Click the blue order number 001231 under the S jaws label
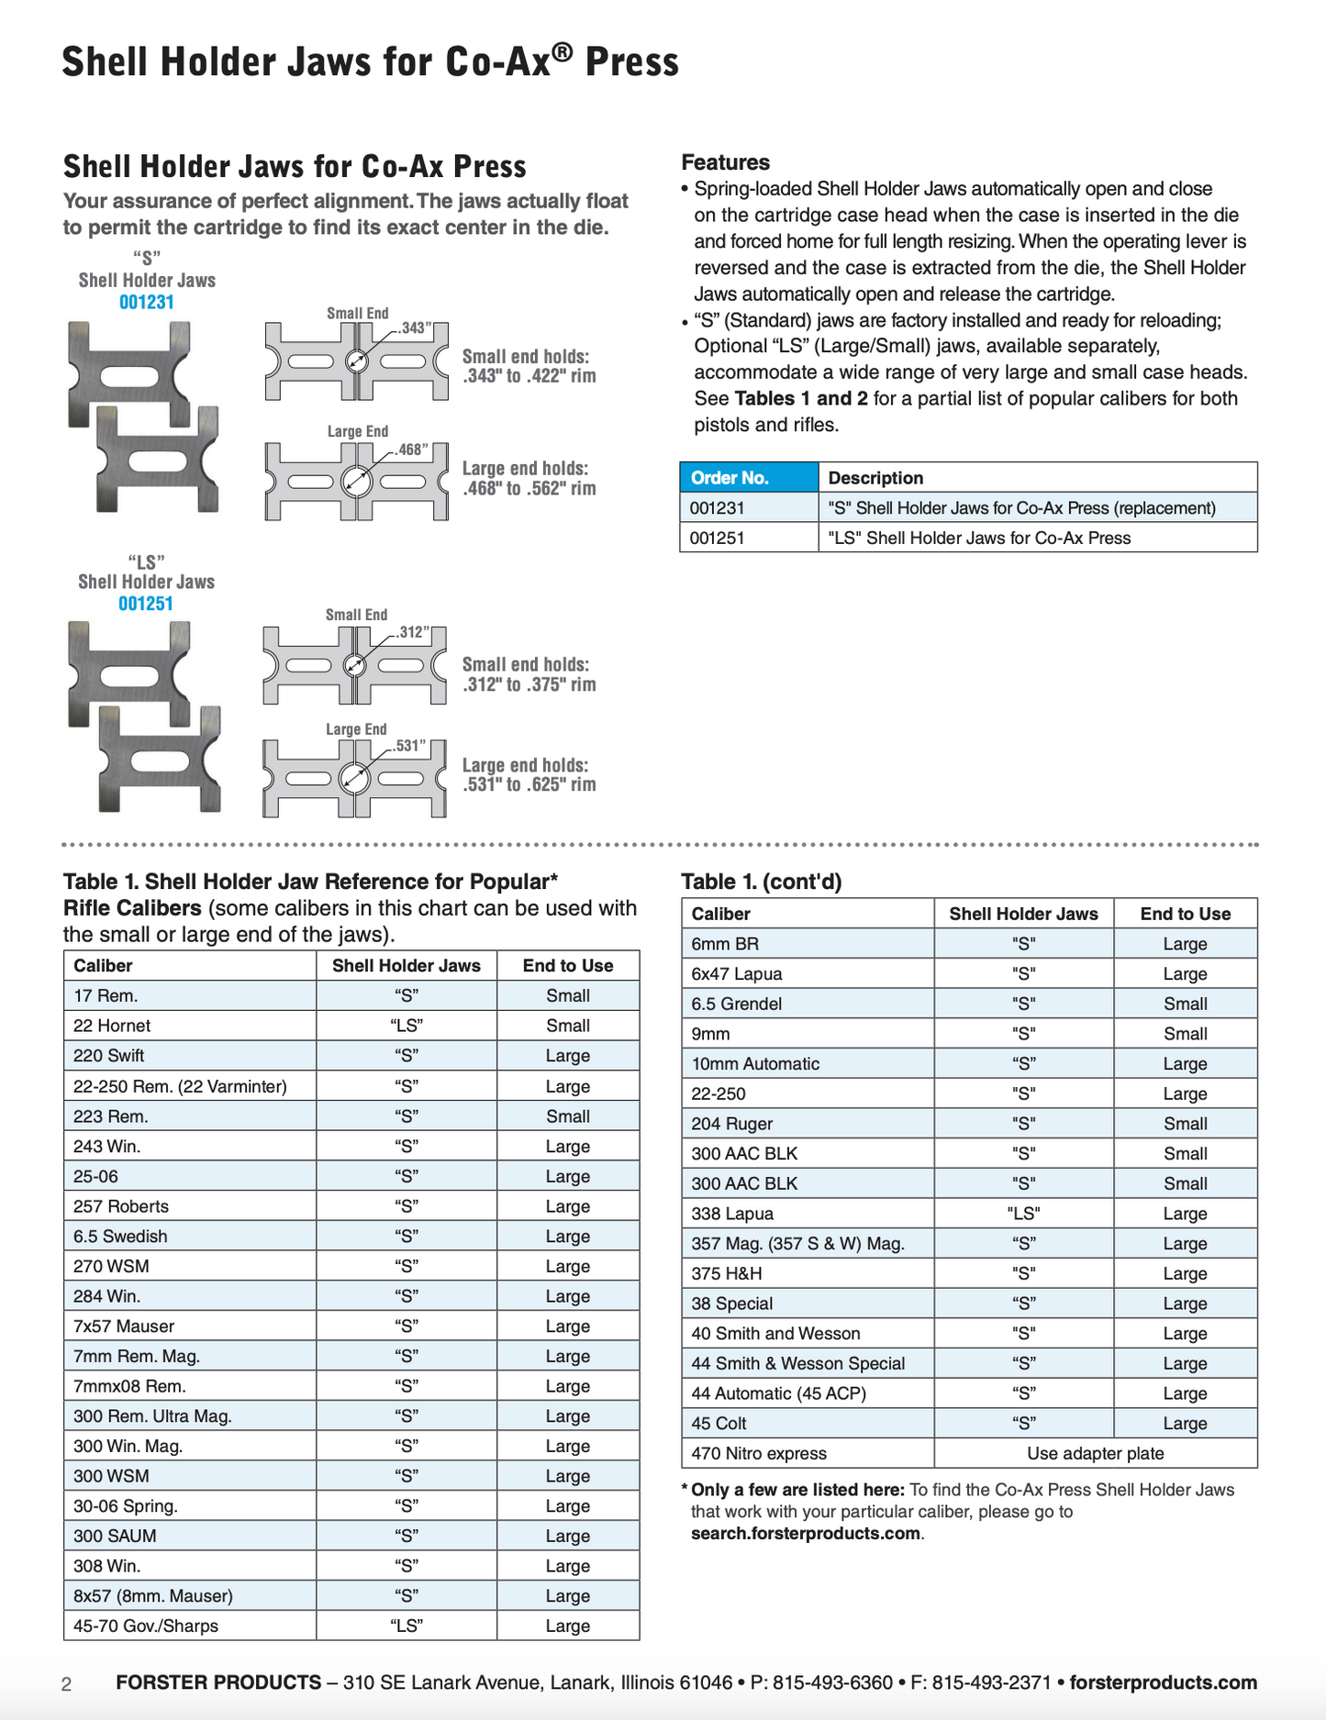click(x=147, y=302)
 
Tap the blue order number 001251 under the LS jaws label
click(x=146, y=604)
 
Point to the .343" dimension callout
click(x=415, y=328)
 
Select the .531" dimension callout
click(x=410, y=746)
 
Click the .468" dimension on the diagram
click(x=412, y=449)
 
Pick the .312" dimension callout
click(x=413, y=632)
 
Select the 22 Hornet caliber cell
click(x=112, y=1026)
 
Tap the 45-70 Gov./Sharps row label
click(x=146, y=1626)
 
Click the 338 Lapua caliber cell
click(x=732, y=1214)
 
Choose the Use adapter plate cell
click(x=1095, y=1453)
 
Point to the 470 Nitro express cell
click(x=759, y=1453)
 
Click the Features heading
click(x=725, y=162)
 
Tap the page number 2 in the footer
click(x=66, y=1684)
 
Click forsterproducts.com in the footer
click(x=1163, y=1682)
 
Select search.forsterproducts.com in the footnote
click(x=805, y=1534)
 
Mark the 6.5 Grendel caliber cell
click(x=737, y=1004)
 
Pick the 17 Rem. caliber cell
click(x=106, y=995)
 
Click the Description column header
click(x=875, y=478)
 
